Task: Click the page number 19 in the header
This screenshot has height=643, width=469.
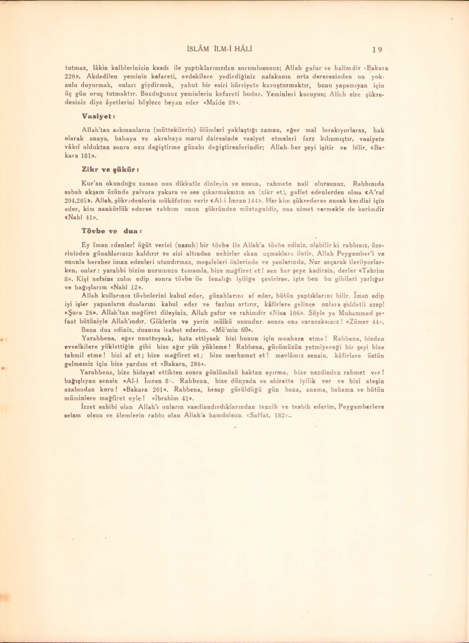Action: tap(377, 49)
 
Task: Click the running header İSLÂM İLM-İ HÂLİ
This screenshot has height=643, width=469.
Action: tap(220, 49)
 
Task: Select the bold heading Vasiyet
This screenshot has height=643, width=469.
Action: tap(98, 116)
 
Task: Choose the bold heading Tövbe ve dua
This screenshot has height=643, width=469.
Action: tap(109, 231)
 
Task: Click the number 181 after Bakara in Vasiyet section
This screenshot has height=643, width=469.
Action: tap(87, 156)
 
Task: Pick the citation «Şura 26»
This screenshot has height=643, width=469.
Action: tap(81, 312)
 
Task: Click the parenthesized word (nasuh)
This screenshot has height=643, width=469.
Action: tap(186, 245)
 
